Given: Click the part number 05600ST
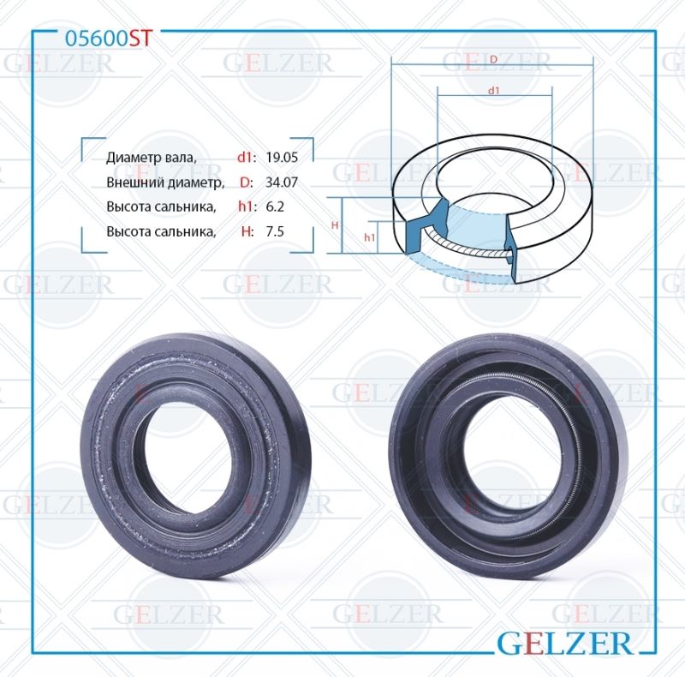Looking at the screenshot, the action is [109, 39].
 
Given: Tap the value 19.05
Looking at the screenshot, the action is [282, 157].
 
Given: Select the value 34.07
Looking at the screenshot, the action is [282, 182].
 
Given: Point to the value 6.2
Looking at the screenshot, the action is [275, 207].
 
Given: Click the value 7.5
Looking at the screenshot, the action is [275, 231].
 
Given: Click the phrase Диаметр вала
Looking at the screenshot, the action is [152, 158].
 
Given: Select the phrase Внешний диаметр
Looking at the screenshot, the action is [165, 183].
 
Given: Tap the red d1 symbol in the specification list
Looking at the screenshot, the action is [246, 157].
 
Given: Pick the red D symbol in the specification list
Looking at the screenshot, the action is [246, 182].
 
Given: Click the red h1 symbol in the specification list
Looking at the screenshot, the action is [246, 207].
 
